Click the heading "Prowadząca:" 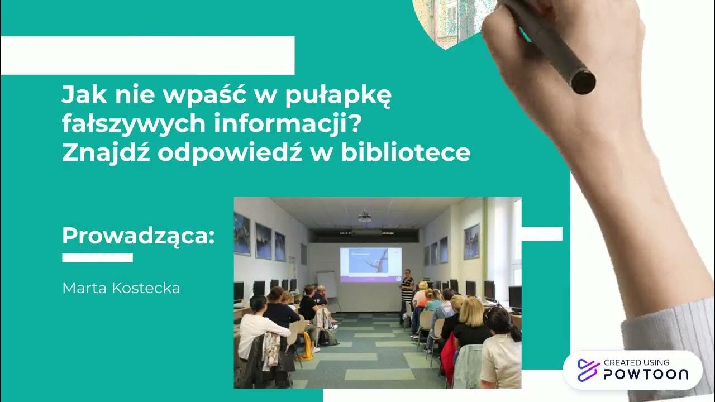click(x=138, y=235)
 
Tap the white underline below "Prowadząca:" click(x=97, y=257)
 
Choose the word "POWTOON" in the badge click(x=645, y=375)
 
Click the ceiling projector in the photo click(x=364, y=216)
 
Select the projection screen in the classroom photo click(x=370, y=264)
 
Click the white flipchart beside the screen click(x=327, y=285)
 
